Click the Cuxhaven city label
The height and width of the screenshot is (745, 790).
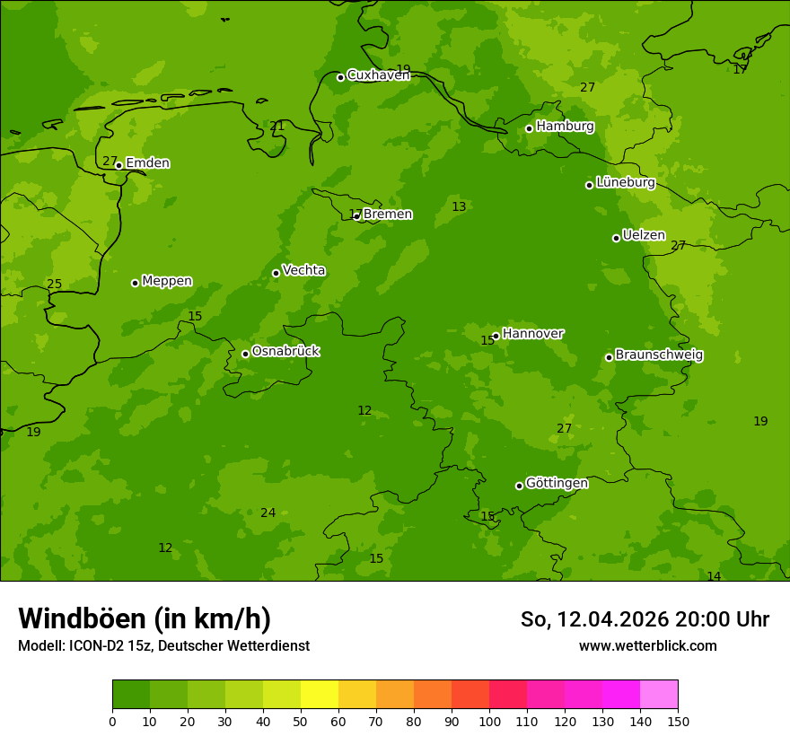click(378, 75)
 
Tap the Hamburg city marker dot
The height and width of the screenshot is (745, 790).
click(529, 128)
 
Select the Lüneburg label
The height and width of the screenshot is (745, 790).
click(626, 182)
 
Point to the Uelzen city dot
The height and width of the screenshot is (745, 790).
click(616, 238)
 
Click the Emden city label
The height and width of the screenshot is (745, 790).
click(147, 163)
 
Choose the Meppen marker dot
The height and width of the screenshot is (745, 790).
click(135, 283)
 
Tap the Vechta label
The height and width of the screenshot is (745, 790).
click(303, 270)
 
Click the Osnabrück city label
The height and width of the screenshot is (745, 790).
click(285, 351)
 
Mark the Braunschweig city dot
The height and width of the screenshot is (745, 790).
click(609, 357)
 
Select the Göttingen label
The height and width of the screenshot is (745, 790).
click(557, 483)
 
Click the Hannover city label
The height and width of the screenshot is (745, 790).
click(532, 334)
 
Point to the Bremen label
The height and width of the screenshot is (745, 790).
click(388, 215)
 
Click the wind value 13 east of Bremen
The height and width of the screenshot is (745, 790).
click(459, 207)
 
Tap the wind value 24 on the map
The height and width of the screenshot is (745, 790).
click(268, 513)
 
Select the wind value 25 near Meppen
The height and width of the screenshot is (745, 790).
click(54, 285)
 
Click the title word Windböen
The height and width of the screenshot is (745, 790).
click(82, 619)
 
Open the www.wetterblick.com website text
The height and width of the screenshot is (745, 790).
click(647, 645)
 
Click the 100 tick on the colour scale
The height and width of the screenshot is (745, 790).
click(489, 721)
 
